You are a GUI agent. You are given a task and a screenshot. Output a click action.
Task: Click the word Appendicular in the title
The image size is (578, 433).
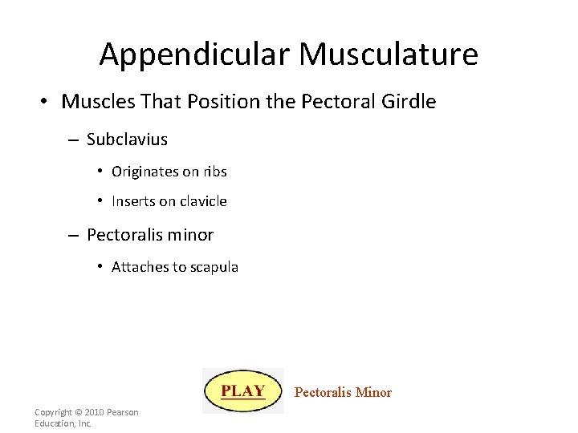[x=195, y=55]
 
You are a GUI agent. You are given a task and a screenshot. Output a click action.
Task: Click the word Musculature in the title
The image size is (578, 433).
[x=389, y=55]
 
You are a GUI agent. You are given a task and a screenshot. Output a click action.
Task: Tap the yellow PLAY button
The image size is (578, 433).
[x=243, y=391]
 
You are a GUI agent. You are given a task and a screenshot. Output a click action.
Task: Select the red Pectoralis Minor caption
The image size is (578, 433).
[x=343, y=392]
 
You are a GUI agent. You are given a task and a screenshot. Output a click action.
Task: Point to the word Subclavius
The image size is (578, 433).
[x=127, y=140]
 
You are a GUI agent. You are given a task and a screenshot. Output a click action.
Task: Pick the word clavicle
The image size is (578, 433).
[x=201, y=201]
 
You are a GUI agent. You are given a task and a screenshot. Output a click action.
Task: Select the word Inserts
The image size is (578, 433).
[x=133, y=201]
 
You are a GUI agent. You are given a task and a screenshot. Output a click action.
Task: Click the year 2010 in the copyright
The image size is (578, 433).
[x=93, y=412]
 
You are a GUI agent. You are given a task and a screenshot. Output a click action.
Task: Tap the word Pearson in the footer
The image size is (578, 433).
[x=122, y=412]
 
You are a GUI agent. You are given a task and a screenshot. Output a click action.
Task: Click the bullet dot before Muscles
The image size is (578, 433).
[x=46, y=102]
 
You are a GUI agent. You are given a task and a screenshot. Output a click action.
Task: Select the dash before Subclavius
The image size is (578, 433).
[x=72, y=140]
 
